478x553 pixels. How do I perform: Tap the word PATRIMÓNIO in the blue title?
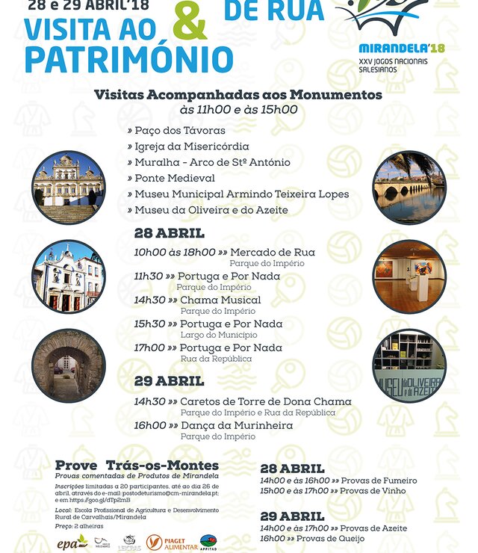pos(128,59)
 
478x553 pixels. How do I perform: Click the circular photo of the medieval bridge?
pos(409,187)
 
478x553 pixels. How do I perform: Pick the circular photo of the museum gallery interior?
pos(409,276)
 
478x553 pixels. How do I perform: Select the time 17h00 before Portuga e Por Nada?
pos(149,347)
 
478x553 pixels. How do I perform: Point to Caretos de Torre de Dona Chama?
pos(265,401)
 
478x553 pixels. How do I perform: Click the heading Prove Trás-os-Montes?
pos(137,465)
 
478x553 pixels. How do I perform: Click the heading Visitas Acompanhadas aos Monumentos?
pos(238,95)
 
